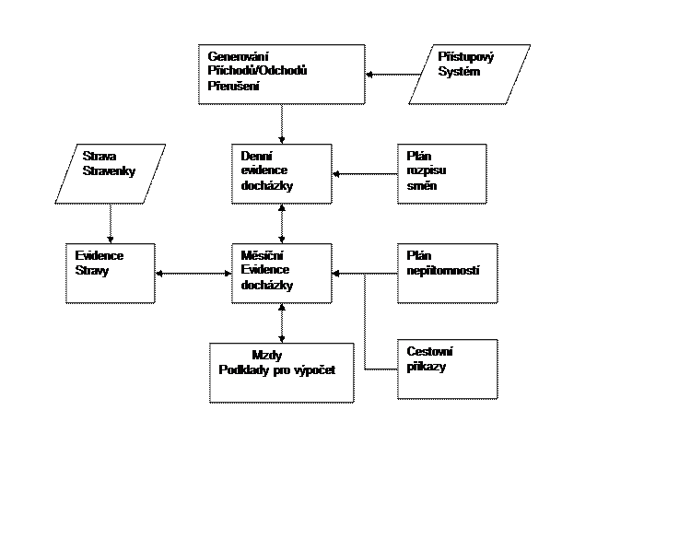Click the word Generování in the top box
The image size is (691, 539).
pyautogui.click(x=238, y=56)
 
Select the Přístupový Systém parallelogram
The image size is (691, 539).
pyautogui.click(x=469, y=75)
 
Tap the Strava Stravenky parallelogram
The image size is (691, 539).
pyautogui.click(x=111, y=173)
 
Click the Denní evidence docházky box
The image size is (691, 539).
pyautogui.click(x=282, y=173)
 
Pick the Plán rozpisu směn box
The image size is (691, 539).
pyautogui.click(x=442, y=173)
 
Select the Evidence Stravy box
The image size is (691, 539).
pyautogui.click(x=111, y=274)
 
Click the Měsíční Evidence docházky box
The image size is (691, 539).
pyautogui.click(x=282, y=274)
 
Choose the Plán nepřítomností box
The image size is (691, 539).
pyautogui.click(x=447, y=274)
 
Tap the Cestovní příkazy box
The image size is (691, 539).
pyautogui.click(x=447, y=369)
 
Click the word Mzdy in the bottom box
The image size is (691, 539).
pyautogui.click(x=266, y=356)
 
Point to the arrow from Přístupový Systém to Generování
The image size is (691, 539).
pyautogui.click(x=392, y=75)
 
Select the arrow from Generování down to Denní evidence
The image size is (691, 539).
pyautogui.click(x=282, y=124)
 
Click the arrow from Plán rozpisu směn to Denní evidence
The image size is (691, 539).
pyautogui.click(x=365, y=173)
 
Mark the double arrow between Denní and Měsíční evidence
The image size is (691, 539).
pyautogui.click(x=282, y=224)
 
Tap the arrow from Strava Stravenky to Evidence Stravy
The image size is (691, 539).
pyautogui.click(x=111, y=224)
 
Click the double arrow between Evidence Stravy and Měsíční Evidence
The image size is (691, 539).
pyautogui.click(x=193, y=274)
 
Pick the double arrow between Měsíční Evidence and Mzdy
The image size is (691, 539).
pyautogui.click(x=282, y=323)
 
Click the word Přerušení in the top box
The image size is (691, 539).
pyautogui.click(x=234, y=86)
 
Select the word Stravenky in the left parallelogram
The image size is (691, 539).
pyautogui.click(x=109, y=171)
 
